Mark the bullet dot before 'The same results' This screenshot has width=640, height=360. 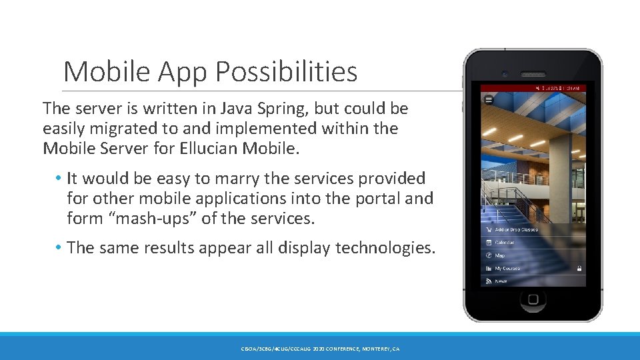59,247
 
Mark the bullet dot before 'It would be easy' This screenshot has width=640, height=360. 59,178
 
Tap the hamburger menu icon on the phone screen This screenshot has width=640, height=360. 489,99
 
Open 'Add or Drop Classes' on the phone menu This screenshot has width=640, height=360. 516,229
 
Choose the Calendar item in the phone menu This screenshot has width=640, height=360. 504,243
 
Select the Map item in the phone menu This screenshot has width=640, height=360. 499,255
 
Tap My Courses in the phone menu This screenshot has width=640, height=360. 507,268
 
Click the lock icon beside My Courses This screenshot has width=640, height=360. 579,268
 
